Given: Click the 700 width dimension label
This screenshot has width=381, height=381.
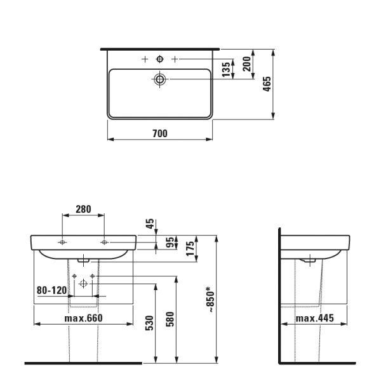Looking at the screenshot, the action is [160, 133].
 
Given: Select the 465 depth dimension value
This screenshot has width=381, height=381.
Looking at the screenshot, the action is [267, 84].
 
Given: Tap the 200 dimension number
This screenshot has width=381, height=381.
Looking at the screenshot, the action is [246, 63].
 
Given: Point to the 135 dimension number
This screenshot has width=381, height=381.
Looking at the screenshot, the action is [226, 69].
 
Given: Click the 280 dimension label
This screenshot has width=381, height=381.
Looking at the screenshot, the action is [83, 209].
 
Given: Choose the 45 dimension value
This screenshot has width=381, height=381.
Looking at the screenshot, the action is [150, 224].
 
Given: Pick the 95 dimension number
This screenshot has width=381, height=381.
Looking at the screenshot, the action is [170, 242].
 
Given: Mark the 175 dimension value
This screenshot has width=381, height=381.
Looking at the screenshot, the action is [190, 248].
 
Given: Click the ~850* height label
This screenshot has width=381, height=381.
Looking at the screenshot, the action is [211, 299].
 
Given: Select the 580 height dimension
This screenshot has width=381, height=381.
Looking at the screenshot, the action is [170, 319].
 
